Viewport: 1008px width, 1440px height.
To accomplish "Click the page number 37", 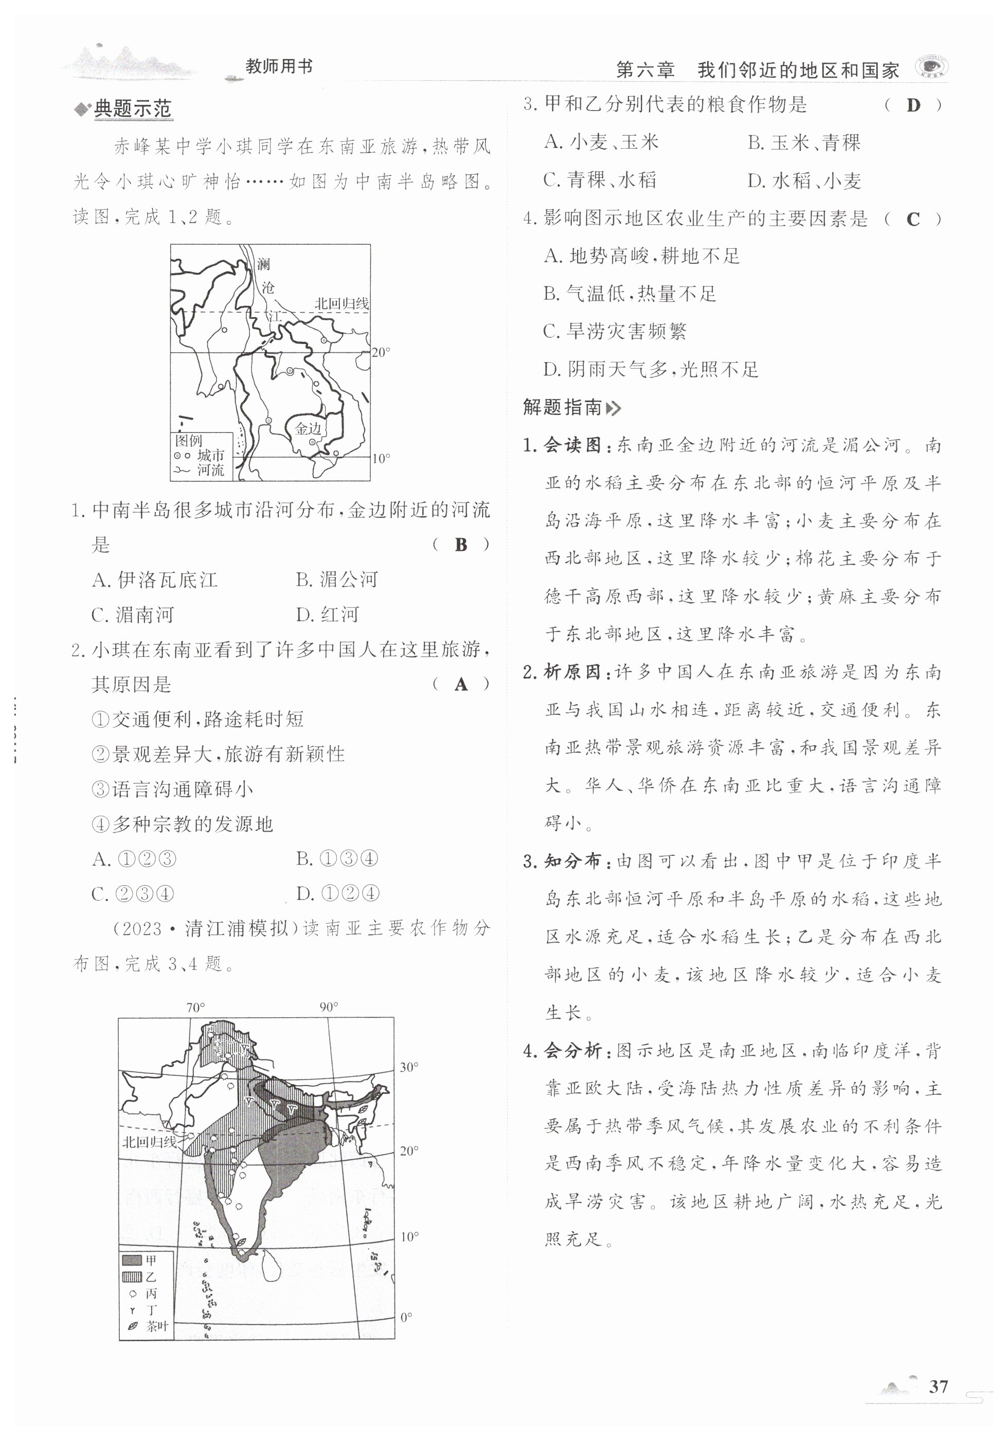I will tap(938, 1385).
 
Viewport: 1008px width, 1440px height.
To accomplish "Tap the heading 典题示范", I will tap(132, 109).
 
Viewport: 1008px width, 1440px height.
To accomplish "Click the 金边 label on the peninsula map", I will tap(308, 428).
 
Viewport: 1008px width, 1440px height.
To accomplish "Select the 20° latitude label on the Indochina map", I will tap(381, 352).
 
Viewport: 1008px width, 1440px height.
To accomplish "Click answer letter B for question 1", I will tap(461, 545).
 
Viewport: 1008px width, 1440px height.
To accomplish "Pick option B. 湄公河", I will tap(337, 580).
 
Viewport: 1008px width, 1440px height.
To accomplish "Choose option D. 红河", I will tap(328, 615).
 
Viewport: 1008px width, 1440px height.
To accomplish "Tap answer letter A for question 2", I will tap(461, 684).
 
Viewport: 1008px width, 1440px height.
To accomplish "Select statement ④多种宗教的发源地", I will tap(183, 824).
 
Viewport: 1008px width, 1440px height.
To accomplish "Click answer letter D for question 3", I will tap(913, 105).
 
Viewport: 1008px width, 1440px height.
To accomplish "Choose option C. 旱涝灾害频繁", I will tap(615, 331).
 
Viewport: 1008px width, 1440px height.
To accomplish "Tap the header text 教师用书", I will tap(279, 67).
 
